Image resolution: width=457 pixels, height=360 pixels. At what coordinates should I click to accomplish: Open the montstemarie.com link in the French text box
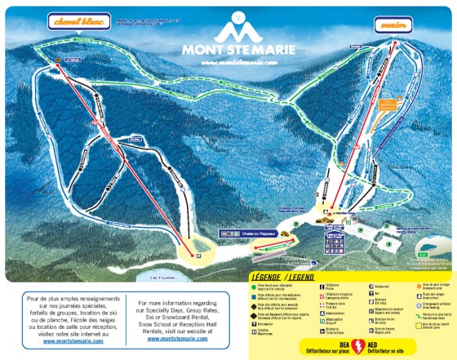coord(70,340)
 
